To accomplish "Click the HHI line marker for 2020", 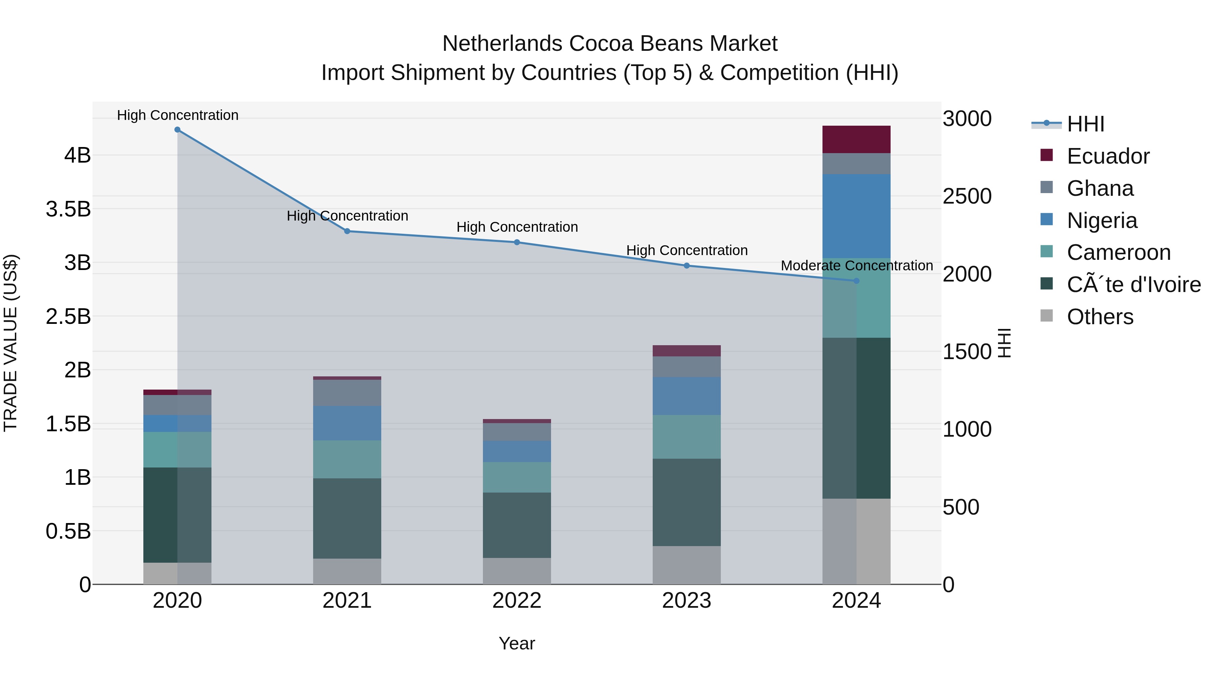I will [x=177, y=130].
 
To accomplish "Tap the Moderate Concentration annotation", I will [x=856, y=266].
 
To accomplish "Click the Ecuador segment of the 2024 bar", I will [x=856, y=139].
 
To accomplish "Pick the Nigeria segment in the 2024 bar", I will [x=856, y=216].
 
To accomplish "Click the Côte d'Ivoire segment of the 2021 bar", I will [x=347, y=518].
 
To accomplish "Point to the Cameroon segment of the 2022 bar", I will [x=517, y=477].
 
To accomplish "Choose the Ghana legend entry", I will [x=1100, y=188].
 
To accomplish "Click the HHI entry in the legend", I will [x=1085, y=124].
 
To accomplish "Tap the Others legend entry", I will [x=1100, y=317].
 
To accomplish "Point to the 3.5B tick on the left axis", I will [x=68, y=209].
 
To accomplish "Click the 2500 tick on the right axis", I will [x=967, y=196].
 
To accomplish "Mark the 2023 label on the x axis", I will [x=686, y=601].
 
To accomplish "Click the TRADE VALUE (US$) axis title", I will [x=11, y=343].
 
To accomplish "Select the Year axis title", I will [x=517, y=643].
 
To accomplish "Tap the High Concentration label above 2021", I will [x=347, y=216].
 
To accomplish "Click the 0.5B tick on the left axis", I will [x=68, y=531].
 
